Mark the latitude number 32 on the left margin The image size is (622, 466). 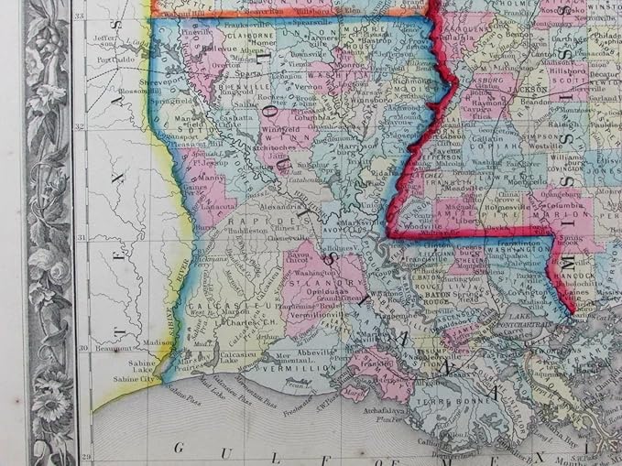(81, 127)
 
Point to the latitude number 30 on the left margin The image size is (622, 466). (81, 348)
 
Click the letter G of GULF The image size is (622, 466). (177, 449)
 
